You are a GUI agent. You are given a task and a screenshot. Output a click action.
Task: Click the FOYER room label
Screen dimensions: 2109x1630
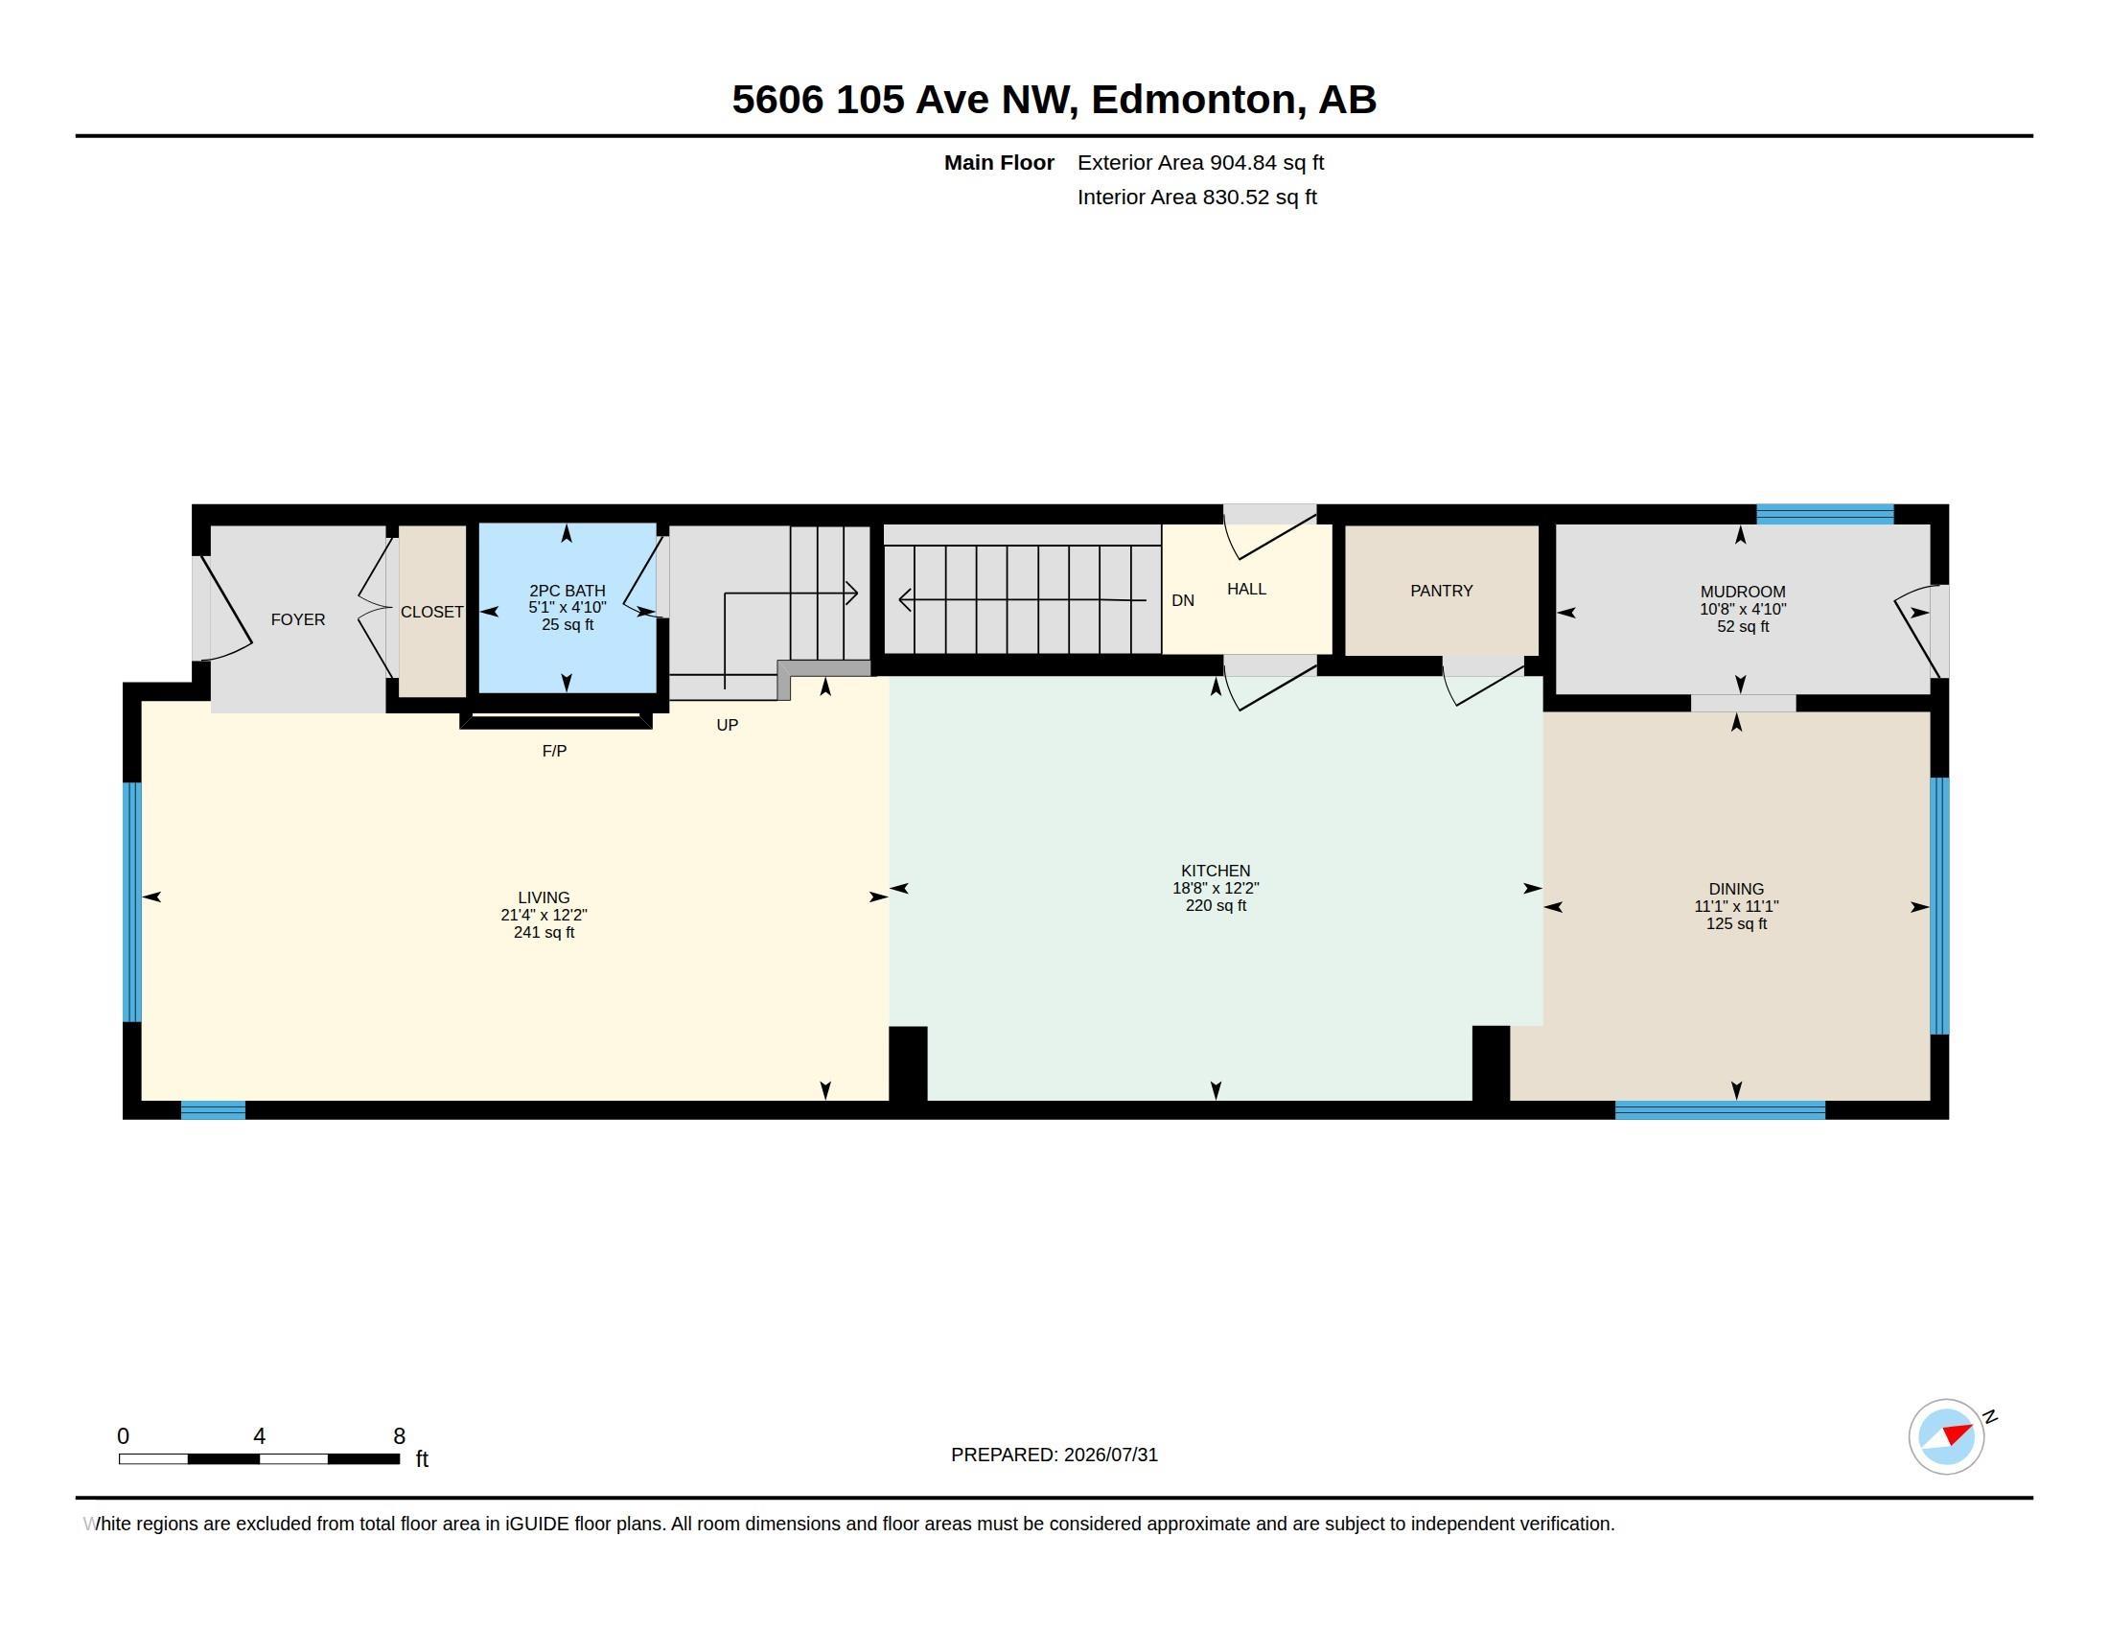pos(297,620)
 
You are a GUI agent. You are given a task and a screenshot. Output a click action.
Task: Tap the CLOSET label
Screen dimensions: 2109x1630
pos(431,613)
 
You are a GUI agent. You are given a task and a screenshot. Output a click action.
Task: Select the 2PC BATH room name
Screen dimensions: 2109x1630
pos(567,591)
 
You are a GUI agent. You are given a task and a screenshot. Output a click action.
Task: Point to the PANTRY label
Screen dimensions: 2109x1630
pos(1441,591)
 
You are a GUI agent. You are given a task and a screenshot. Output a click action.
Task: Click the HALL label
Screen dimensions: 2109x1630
pos(1245,589)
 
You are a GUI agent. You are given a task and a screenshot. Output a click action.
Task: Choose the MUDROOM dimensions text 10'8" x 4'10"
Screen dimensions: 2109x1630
pos(1743,609)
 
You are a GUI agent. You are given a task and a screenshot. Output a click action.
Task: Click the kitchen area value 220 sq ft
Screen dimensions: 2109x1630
pos(1216,906)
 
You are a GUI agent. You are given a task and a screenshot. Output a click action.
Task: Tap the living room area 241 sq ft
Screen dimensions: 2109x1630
pos(544,933)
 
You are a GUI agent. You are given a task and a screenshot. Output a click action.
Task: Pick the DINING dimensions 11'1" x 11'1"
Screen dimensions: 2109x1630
pos(1736,907)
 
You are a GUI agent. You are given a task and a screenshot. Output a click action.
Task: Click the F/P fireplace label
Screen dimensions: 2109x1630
pos(554,752)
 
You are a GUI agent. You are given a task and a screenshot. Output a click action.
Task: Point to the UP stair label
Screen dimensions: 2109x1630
pos(728,725)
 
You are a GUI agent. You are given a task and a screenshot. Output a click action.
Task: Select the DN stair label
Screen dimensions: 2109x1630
pos(1183,600)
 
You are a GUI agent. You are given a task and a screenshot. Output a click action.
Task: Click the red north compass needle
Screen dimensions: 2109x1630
pos(1958,1433)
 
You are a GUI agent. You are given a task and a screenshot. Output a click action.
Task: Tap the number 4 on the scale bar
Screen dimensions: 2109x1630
pos(259,1436)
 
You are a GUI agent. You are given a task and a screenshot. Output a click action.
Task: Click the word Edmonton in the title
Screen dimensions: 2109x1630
pos(1194,100)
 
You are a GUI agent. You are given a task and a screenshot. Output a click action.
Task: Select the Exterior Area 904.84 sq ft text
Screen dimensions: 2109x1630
pos(1200,163)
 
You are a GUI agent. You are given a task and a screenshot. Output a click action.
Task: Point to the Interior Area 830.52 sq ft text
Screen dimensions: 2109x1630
pos(1197,198)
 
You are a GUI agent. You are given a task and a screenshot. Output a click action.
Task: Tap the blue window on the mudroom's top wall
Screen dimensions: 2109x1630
pos(1824,515)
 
